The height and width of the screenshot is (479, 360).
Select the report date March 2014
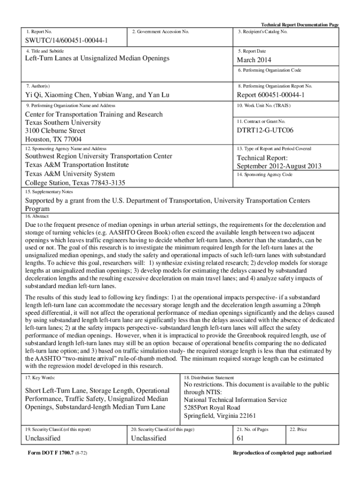(253, 60)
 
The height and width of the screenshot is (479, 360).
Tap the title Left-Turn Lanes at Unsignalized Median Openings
(97, 58)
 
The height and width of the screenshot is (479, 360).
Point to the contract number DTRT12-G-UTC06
(265, 131)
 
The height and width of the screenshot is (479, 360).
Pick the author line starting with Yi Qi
(97, 95)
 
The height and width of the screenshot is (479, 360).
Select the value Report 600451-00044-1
(271, 95)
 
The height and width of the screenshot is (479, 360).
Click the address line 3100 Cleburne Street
(55, 131)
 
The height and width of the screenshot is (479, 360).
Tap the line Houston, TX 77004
(53, 139)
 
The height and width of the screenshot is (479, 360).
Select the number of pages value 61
(241, 438)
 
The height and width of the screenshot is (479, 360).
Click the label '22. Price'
(298, 429)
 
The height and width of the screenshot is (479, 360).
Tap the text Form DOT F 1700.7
(50, 453)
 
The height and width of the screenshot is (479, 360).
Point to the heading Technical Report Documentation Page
(299, 25)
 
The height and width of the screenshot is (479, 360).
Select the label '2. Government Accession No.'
(160, 32)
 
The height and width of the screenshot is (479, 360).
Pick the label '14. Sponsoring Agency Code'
(265, 174)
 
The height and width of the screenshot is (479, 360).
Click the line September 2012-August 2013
(279, 166)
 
